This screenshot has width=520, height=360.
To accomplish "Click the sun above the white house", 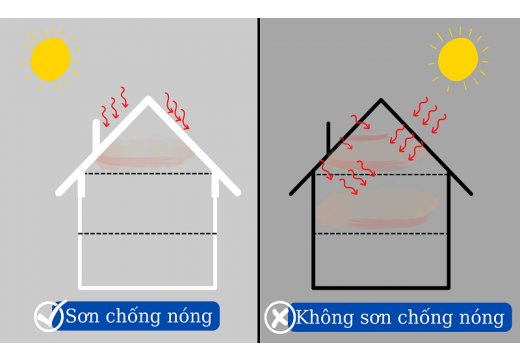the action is pos(50,59).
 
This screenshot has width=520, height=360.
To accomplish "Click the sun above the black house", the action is pos(458,58).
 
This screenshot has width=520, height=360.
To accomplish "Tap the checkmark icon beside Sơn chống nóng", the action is pos(49,316).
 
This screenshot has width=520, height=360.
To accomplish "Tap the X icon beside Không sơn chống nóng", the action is pos(279,317).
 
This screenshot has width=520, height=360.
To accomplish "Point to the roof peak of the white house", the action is pos(148,99).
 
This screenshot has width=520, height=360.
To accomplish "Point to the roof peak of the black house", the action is pos(381,101).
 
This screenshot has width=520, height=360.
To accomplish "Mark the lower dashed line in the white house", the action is pos(147,233).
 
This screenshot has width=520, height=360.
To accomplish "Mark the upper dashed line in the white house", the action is pos(147,173).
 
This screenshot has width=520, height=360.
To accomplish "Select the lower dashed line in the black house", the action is pos(381,234).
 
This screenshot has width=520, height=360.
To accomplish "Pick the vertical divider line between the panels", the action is pos(259,180).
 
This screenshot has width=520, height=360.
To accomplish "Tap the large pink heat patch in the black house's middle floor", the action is pos(376,207).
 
